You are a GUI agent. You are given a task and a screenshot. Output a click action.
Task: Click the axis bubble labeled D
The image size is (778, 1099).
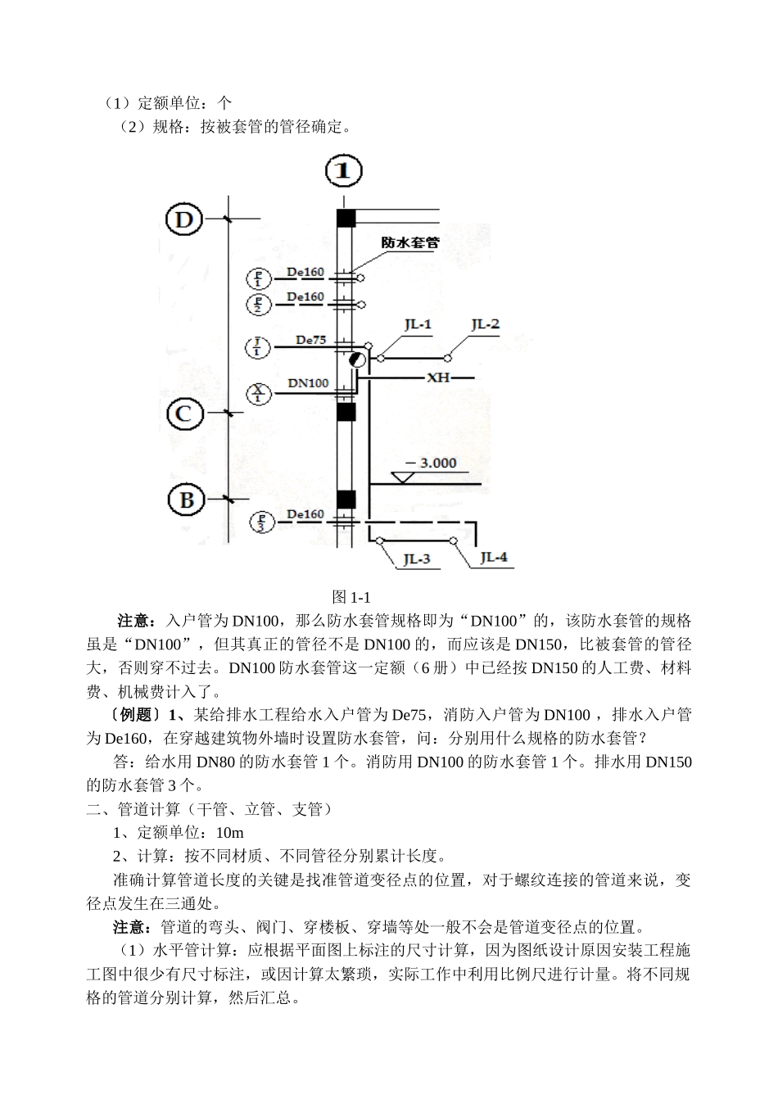click(185, 219)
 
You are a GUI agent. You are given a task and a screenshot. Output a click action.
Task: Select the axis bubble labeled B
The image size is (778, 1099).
click(187, 500)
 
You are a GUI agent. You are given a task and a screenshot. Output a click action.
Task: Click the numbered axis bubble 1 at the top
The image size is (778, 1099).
click(345, 171)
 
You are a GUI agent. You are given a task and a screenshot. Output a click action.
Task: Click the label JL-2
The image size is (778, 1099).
click(485, 324)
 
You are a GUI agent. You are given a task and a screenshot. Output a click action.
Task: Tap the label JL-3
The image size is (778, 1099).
click(417, 559)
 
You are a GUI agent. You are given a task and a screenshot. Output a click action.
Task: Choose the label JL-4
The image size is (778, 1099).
click(494, 558)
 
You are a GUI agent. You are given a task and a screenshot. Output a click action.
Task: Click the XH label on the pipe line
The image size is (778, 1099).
click(437, 378)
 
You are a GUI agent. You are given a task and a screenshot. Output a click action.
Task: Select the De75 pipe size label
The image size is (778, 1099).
click(310, 339)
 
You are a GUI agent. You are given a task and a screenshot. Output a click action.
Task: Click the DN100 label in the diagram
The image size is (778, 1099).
click(308, 382)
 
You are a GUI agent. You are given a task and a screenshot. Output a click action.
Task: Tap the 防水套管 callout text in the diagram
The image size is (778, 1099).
click(410, 243)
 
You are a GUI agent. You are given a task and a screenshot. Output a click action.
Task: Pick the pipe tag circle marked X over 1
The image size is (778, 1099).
click(259, 394)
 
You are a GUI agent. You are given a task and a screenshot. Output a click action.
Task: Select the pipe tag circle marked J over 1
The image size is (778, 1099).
click(259, 347)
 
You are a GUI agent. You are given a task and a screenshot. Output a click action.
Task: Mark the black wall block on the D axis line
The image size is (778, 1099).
click(346, 218)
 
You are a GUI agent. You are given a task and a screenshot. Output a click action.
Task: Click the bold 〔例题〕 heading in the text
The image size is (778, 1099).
click(129, 715)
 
